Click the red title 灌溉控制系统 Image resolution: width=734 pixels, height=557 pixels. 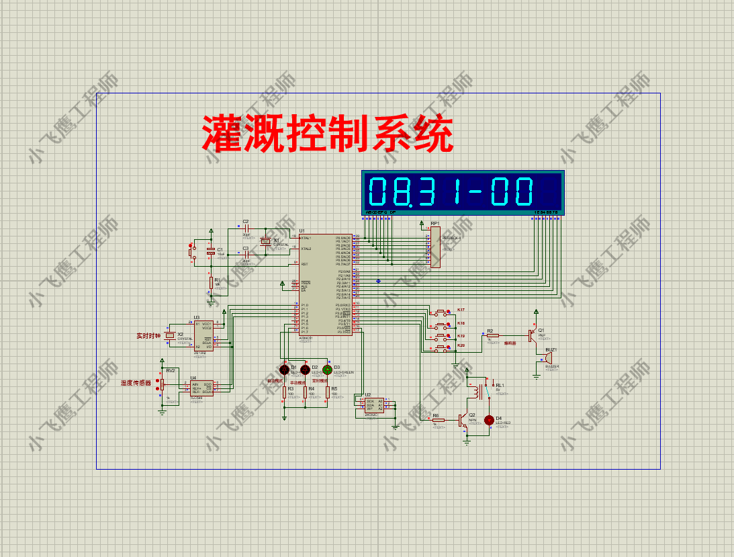coord(328,134)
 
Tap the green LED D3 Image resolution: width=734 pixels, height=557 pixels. coord(327,370)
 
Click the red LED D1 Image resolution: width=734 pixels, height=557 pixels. coord(284,370)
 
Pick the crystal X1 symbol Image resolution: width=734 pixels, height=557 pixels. coord(266,241)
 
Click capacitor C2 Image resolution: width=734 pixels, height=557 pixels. coord(246,228)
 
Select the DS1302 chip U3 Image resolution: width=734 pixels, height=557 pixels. coord(203,335)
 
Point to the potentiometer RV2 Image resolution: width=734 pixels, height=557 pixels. coord(162,385)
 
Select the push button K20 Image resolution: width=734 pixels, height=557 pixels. coord(442,349)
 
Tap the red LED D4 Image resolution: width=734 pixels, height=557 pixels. coord(489,420)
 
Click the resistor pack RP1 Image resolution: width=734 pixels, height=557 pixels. coord(435,247)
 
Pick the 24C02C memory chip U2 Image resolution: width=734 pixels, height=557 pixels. coord(374,405)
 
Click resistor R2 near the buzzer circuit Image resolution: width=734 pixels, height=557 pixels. coord(493,335)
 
